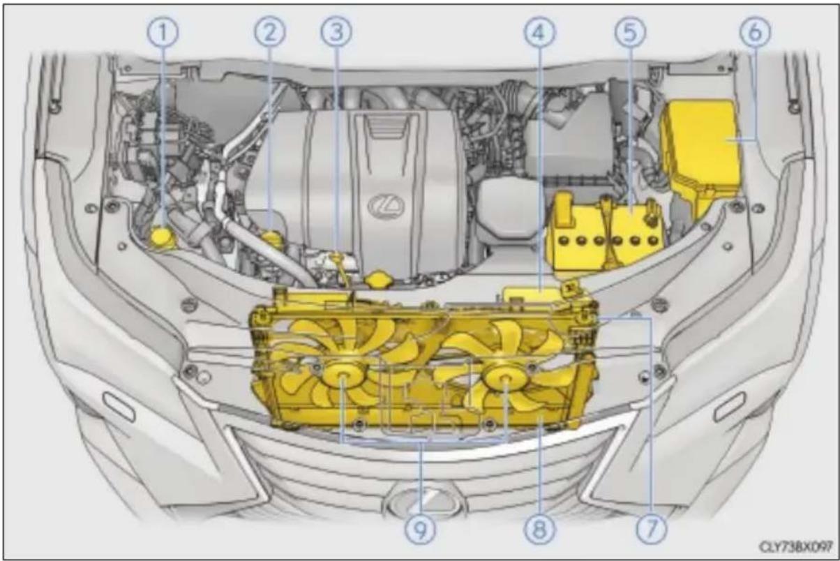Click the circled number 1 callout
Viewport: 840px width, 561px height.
(163, 33)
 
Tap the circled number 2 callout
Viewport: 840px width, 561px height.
(270, 32)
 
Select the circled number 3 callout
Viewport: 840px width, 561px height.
(336, 32)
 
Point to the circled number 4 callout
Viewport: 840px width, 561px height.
(539, 32)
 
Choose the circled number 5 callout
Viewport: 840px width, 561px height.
(631, 32)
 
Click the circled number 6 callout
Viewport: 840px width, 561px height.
(756, 31)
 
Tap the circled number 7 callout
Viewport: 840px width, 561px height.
(652, 529)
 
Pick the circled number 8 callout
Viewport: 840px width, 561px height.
(539, 530)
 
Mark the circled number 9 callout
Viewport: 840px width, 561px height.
(421, 530)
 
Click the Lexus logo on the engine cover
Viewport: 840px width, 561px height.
(387, 205)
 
